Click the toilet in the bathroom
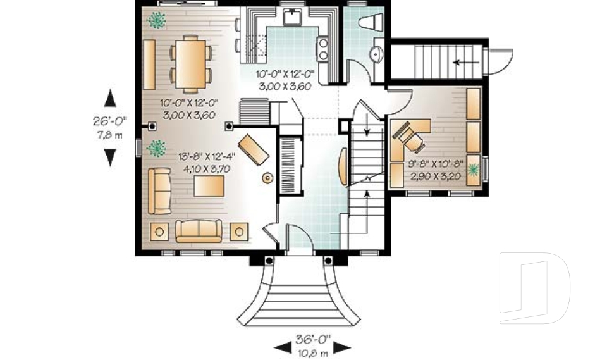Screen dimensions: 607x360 371,22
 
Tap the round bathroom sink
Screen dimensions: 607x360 376,54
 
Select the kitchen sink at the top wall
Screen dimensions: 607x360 292,17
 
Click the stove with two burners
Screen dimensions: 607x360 323,49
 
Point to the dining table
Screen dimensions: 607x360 190,64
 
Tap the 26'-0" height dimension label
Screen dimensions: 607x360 110,121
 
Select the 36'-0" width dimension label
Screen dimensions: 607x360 313,340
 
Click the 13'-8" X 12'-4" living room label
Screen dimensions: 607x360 207,157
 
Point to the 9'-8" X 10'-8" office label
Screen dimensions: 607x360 435,163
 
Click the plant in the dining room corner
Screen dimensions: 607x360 156,20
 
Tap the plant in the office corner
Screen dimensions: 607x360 473,170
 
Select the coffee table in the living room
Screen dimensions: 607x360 209,186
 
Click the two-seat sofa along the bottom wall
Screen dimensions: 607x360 199,231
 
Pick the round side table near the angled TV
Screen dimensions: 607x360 267,178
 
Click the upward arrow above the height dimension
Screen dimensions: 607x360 110,98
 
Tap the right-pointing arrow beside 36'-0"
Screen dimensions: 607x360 342,347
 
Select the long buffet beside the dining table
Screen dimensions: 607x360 149,65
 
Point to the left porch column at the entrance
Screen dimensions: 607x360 269,261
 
